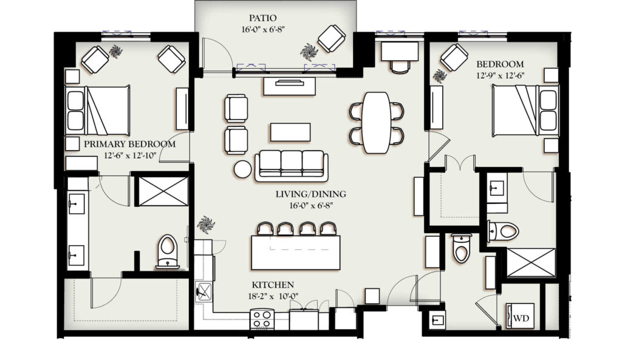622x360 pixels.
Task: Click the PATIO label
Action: point(262,18)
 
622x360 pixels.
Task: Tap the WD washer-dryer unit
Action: point(520,316)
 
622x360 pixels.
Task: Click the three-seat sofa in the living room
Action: point(292,166)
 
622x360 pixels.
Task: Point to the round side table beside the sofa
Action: point(242,169)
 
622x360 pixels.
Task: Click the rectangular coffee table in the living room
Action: point(290,132)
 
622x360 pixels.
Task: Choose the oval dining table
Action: point(377,123)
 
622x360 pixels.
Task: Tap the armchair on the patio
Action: point(331,38)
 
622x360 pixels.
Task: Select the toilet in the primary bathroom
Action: point(168,251)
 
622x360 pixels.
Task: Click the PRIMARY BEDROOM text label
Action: point(130,144)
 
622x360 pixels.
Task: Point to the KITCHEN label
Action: point(273,285)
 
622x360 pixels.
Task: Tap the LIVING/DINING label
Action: point(310,194)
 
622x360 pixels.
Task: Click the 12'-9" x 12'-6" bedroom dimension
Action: point(501,75)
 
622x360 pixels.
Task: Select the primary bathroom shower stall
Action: point(163,191)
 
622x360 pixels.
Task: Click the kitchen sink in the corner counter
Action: point(204,292)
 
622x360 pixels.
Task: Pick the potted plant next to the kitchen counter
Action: point(206,225)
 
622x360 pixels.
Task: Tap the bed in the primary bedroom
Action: point(98,110)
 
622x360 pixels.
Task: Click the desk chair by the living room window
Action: point(400,67)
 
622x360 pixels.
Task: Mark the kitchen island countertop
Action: point(296,252)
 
